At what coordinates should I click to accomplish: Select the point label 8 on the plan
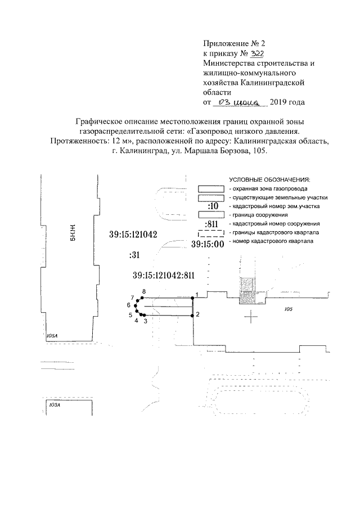point(144,291)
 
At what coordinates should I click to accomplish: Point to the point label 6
point(129,305)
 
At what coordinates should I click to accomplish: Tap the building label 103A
point(55,404)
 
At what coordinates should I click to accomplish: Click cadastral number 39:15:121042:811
point(164,276)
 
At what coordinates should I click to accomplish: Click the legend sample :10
point(212,207)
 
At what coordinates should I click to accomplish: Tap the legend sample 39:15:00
point(192,245)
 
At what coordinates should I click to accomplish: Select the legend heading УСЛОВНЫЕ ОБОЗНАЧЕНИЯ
point(266,179)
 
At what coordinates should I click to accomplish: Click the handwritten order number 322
point(242,53)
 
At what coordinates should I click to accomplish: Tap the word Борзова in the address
point(224,151)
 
